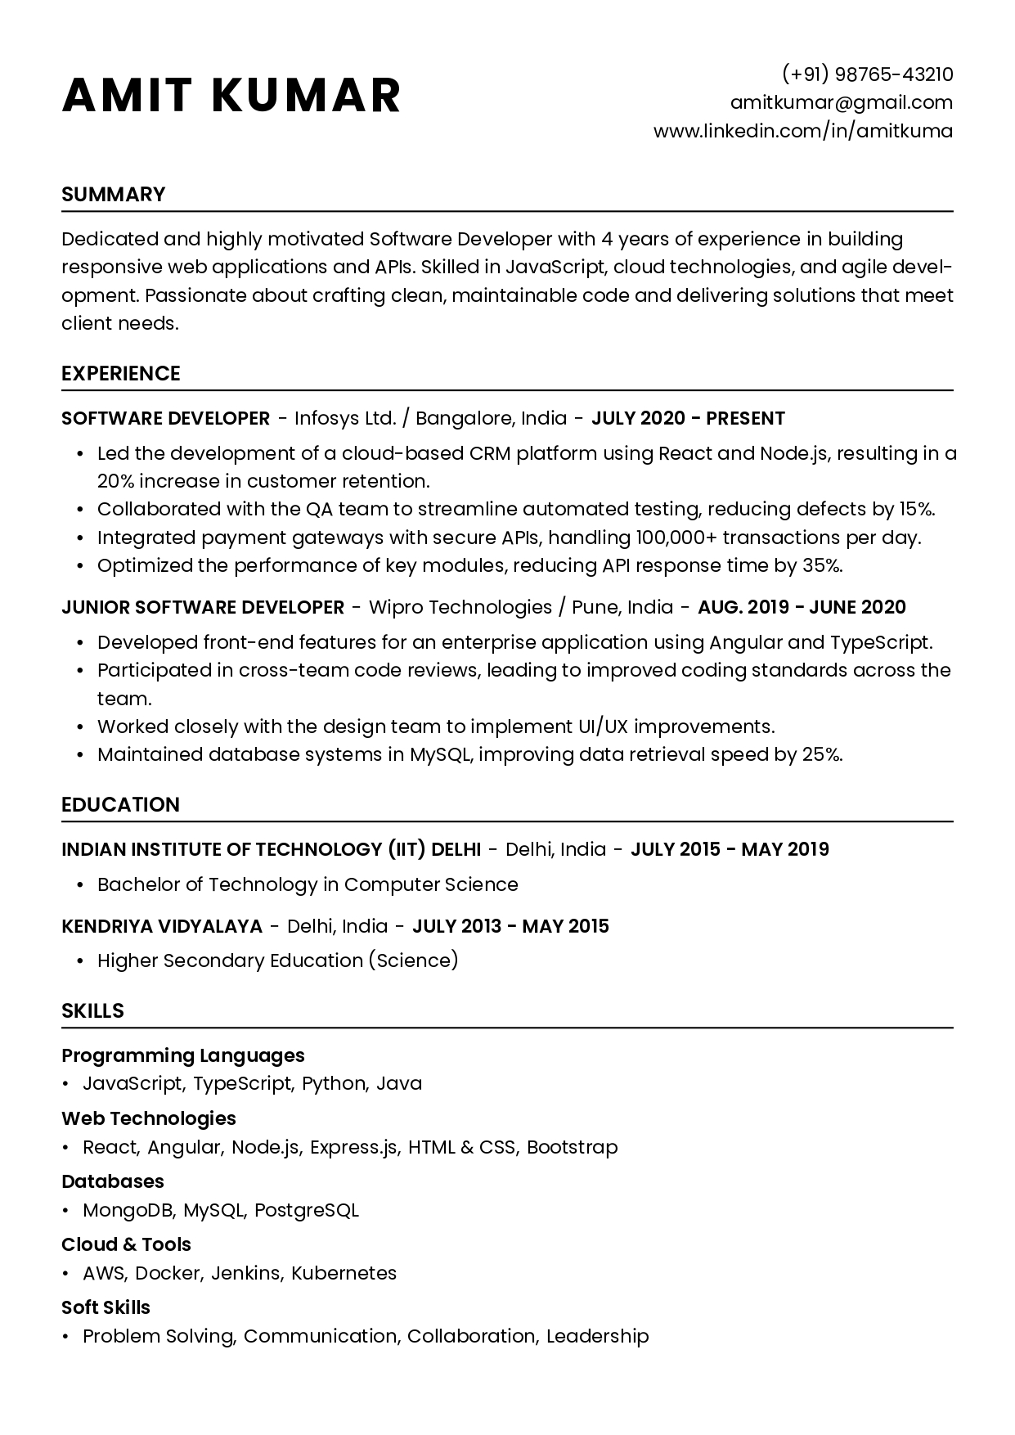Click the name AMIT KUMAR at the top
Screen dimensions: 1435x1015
(231, 95)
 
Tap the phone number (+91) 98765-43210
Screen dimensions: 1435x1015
(868, 74)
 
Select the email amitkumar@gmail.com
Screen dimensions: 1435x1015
(842, 102)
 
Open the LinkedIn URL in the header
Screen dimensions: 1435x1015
(803, 131)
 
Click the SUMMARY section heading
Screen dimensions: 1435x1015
(114, 194)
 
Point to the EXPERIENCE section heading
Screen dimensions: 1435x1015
(121, 373)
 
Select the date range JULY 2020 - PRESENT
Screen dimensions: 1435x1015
(688, 418)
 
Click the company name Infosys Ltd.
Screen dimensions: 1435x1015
(345, 418)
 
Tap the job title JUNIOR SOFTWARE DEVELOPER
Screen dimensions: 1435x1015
(203, 607)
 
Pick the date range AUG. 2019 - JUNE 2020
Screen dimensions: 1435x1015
(802, 607)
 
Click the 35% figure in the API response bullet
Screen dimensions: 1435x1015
(822, 565)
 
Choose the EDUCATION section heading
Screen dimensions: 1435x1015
(121, 804)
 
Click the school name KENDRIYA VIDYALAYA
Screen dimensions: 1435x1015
(162, 926)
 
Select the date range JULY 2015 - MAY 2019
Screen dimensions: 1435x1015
(730, 849)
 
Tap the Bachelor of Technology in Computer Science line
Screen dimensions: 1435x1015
(308, 884)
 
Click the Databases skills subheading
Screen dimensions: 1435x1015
(113, 1181)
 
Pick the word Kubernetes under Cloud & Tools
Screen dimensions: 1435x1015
(344, 1273)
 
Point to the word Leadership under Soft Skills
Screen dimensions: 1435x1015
(598, 1336)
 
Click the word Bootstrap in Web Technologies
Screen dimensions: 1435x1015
(573, 1147)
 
